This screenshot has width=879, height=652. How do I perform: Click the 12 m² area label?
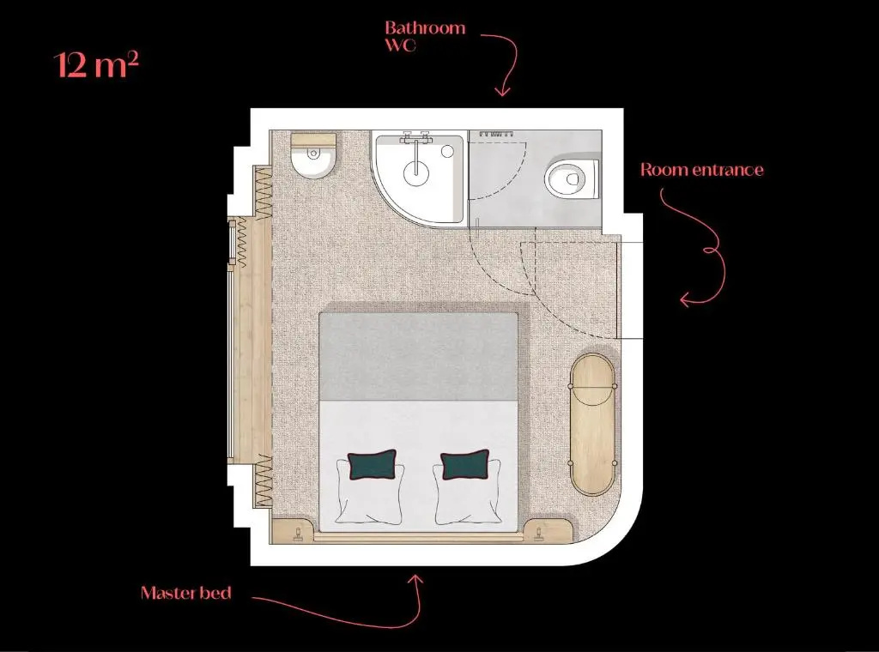pos(96,64)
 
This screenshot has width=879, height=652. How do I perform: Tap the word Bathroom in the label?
pos(425,28)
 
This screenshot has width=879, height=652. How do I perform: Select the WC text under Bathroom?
pos(400,45)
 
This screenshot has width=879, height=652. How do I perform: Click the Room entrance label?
pos(702,170)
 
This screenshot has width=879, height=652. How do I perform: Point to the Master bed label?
pos(186,593)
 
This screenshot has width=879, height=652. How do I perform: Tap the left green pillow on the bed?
pos(373,464)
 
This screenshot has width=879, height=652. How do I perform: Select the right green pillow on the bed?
pos(464,464)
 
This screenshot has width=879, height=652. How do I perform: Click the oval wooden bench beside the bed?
pos(592,424)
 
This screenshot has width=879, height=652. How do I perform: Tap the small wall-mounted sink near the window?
pos(313,156)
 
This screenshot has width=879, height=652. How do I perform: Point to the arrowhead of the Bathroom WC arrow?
pos(502,91)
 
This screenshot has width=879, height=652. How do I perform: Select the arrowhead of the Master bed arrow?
pos(416,578)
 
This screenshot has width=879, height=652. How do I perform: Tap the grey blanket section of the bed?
pos(418,356)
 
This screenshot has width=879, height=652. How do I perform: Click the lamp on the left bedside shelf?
pos(298,534)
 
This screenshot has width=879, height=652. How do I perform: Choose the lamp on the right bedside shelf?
pos(539,534)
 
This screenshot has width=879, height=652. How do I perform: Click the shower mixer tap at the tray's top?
pos(415,137)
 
